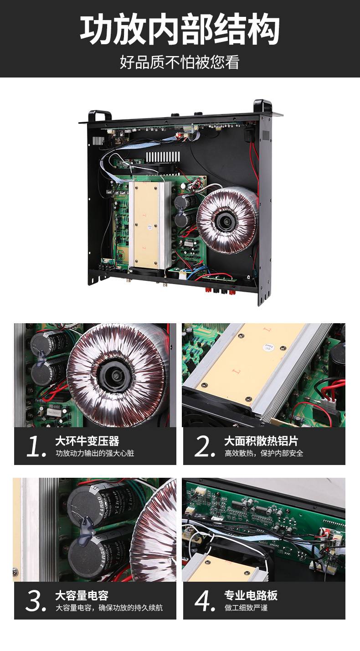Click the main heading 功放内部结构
[x=180, y=30]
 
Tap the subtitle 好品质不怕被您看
[x=180, y=62]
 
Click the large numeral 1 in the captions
[x=36, y=447]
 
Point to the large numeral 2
[x=205, y=446]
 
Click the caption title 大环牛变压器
[x=87, y=441]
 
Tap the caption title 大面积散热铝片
[x=261, y=441]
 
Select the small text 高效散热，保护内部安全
[x=264, y=453]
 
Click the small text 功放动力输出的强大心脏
[x=95, y=453]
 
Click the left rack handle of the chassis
[x=100, y=116]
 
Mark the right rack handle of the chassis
[x=262, y=106]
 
